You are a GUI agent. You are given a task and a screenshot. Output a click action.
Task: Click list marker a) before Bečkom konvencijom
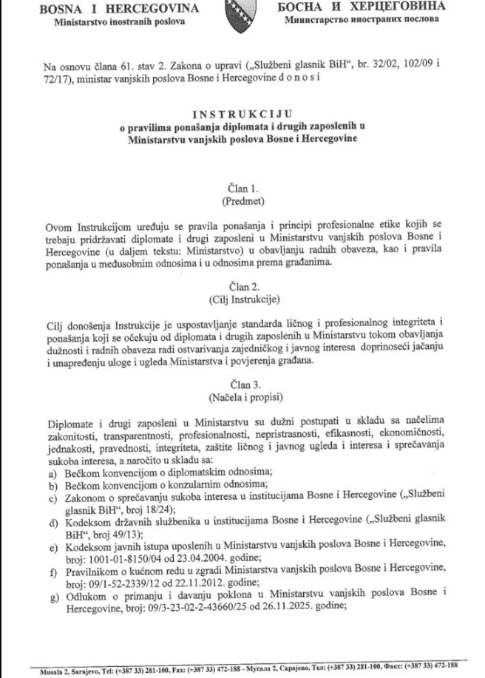click(52, 471)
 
